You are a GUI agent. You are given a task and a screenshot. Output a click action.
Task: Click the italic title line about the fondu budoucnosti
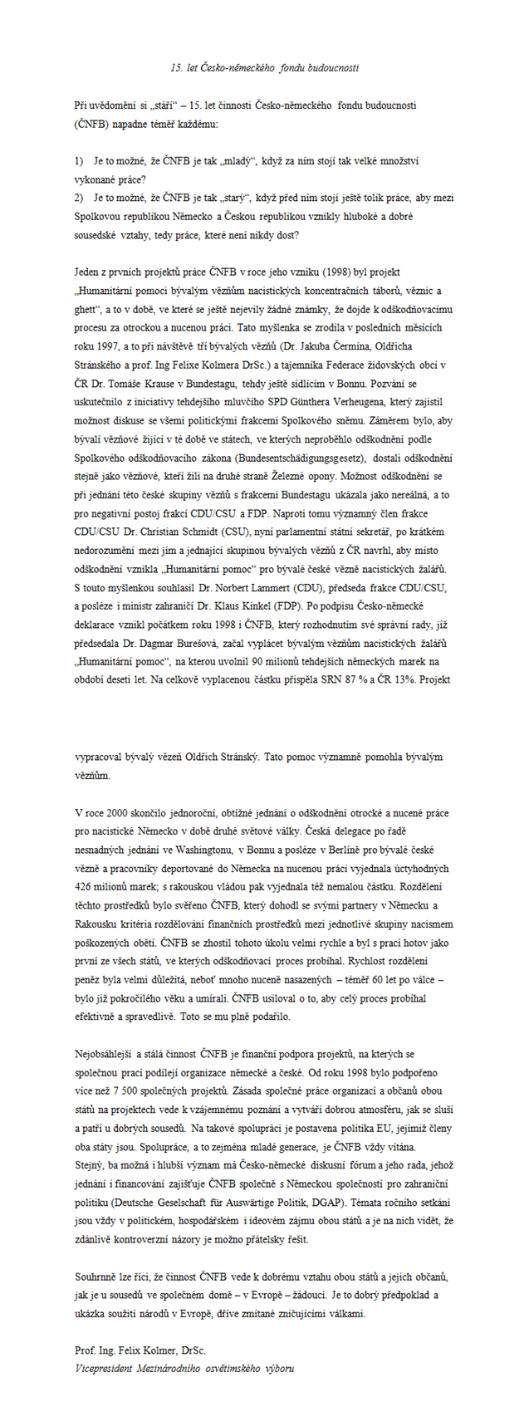click(x=263, y=66)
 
